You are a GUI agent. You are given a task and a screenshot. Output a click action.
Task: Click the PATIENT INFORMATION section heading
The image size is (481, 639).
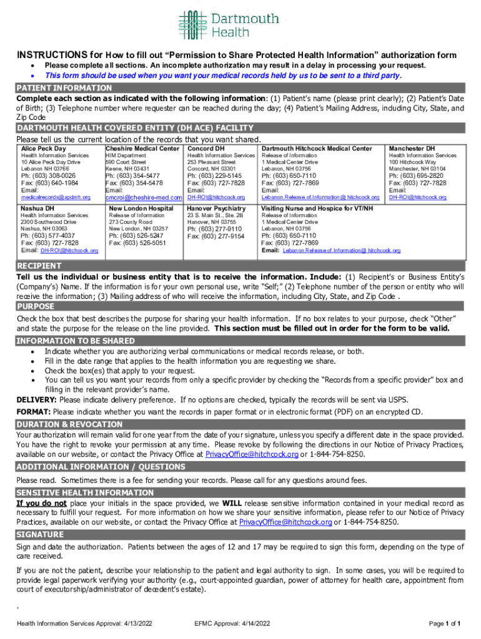64,88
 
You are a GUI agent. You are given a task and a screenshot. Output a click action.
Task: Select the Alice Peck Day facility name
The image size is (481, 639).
43,149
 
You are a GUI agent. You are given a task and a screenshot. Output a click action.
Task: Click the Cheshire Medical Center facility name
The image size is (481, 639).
142,149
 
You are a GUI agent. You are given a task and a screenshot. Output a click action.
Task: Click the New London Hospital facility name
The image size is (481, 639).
141,208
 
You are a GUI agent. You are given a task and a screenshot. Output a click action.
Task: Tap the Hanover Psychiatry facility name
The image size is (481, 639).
216,208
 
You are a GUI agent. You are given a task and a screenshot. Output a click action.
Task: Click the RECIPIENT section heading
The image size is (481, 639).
39,266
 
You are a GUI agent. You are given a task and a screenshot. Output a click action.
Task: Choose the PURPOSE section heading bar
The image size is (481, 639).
36,307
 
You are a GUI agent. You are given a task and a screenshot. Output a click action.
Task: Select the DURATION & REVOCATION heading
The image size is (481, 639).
69,424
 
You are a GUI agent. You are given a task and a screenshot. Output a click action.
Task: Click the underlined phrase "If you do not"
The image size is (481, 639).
41,503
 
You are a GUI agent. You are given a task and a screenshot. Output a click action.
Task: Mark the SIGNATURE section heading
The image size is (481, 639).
40,535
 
